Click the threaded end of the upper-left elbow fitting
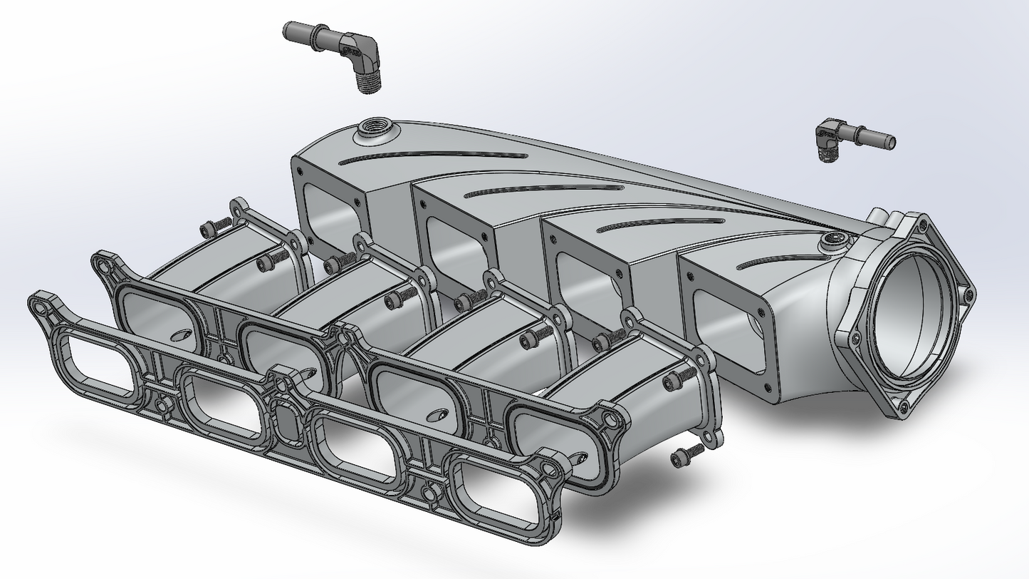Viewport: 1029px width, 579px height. pyautogui.click(x=369, y=80)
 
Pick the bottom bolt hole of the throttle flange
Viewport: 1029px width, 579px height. pyautogui.click(x=903, y=407)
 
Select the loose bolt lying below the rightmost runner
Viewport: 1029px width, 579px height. pyautogui.click(x=686, y=455)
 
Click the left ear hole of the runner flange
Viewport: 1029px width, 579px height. pyautogui.click(x=107, y=266)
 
